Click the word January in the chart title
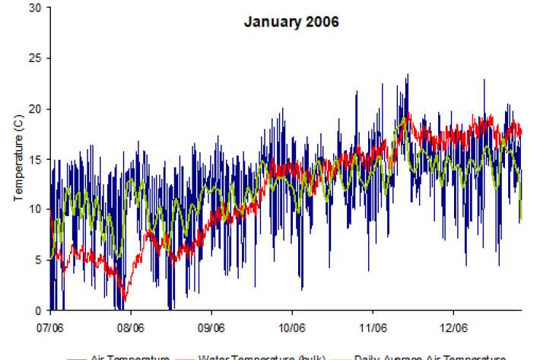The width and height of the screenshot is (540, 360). point(268,21)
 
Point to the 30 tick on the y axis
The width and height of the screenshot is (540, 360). point(35,8)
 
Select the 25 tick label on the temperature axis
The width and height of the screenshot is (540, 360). point(35,58)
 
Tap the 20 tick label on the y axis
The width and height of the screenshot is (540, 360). point(35,109)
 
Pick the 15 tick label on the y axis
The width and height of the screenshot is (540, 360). point(35,159)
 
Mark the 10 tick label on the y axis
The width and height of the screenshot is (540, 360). point(35,209)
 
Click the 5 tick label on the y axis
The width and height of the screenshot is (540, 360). point(38,260)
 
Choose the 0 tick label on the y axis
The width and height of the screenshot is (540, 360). point(38,311)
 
